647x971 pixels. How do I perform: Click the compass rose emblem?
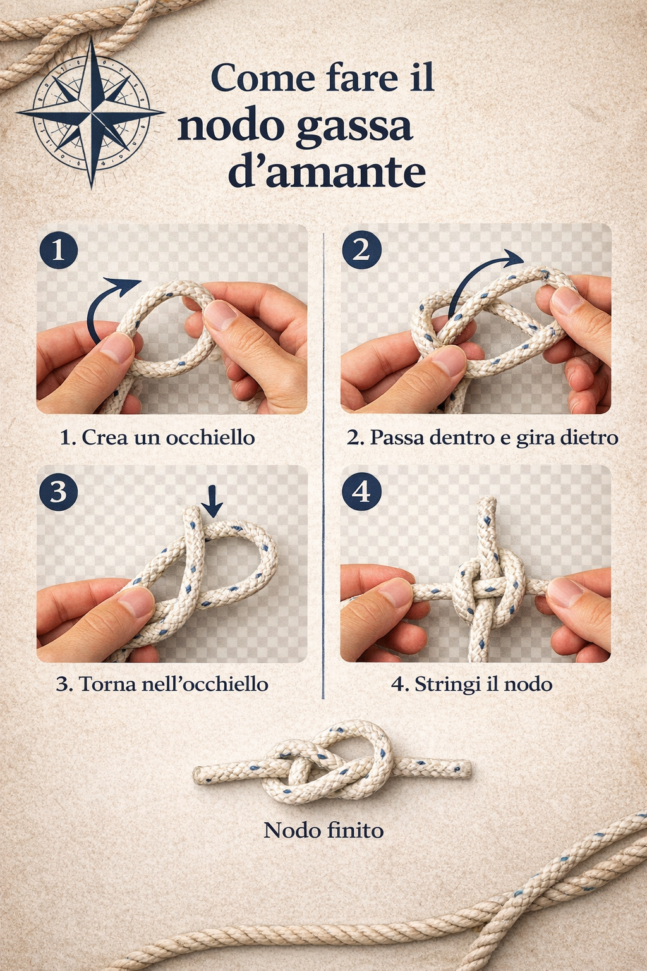pos(91,113)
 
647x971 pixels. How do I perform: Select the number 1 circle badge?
pos(59,250)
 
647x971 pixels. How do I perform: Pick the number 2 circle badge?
pos(361,250)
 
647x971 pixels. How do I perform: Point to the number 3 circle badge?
pos(59,492)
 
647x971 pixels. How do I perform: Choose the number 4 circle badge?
pos(361,492)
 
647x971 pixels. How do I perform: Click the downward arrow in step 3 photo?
pos(212,501)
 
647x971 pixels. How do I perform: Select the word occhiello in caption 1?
pos(210,437)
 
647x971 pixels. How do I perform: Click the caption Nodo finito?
pos(323,831)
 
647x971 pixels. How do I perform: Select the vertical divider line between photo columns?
pos(323,466)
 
